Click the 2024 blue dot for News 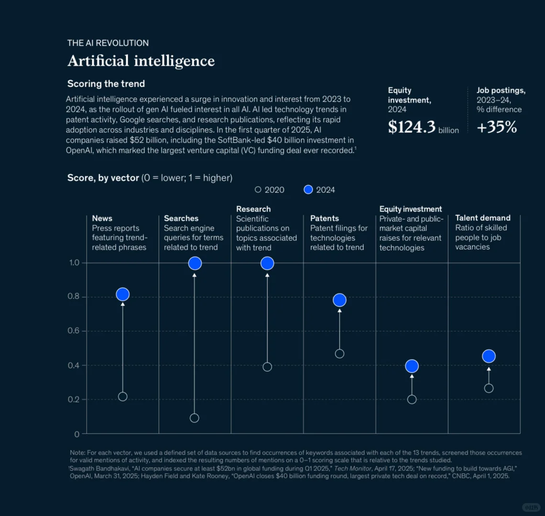[123, 294]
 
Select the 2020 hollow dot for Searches [195, 418]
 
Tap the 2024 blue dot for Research [267, 263]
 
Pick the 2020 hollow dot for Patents [339, 354]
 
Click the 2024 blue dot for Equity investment [412, 366]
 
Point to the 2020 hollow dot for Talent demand [489, 388]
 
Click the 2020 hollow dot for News [123, 397]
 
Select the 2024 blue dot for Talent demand [489, 356]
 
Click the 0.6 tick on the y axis [74, 331]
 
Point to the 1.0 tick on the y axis [74, 263]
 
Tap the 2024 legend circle [308, 190]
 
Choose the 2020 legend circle [258, 190]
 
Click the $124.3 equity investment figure [412, 127]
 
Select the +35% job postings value [497, 127]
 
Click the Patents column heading [325, 218]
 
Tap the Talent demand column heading [483, 218]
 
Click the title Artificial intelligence [141, 61]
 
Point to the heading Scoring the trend [106, 84]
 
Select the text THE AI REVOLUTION [108, 43]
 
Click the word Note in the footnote [77, 452]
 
